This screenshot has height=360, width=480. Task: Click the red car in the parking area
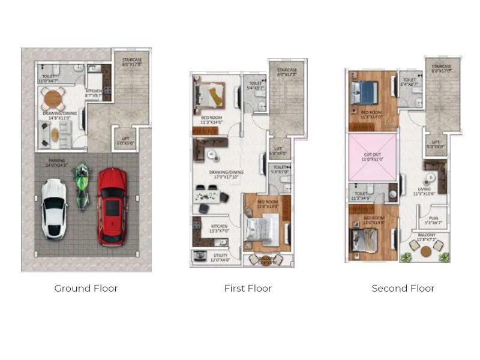point(113,206)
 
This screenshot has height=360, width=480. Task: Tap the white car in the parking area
point(55,208)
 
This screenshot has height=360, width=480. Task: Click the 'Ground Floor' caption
point(86,288)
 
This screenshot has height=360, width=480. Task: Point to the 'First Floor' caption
point(248,288)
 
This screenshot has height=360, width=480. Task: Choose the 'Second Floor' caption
point(403,288)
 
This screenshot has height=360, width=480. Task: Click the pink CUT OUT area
point(373,157)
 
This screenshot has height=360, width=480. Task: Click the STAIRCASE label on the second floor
point(442,67)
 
